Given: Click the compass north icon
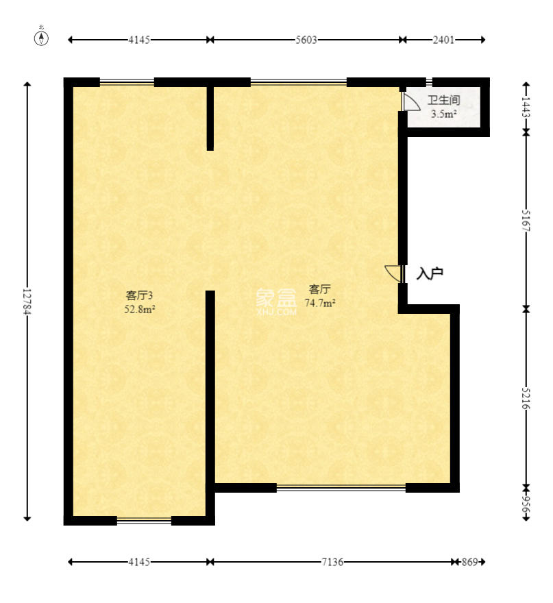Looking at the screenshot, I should pos(42,38).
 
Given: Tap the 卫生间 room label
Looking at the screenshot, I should pos(443,100).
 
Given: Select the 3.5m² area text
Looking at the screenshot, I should pos(443,114).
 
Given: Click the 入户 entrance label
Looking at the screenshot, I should pos(430,273).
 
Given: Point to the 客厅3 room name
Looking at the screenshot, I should pos(139,295).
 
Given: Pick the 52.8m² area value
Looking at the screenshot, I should pos(139,309).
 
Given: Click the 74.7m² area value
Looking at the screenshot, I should pos(319,303).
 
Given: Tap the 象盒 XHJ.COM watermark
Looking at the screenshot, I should pos(276,301).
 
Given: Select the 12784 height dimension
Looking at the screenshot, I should pos(27,301).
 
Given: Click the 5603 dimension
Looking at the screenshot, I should pos(306,40).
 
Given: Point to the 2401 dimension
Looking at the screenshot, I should pos(443,40).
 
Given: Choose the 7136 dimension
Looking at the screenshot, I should pos(332,562).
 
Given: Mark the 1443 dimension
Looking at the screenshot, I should pos(526,107).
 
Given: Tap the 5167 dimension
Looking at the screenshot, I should pos(526,220).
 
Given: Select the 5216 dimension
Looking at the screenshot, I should pos(526,397).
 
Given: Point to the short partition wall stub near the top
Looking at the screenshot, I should pos(210,117).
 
